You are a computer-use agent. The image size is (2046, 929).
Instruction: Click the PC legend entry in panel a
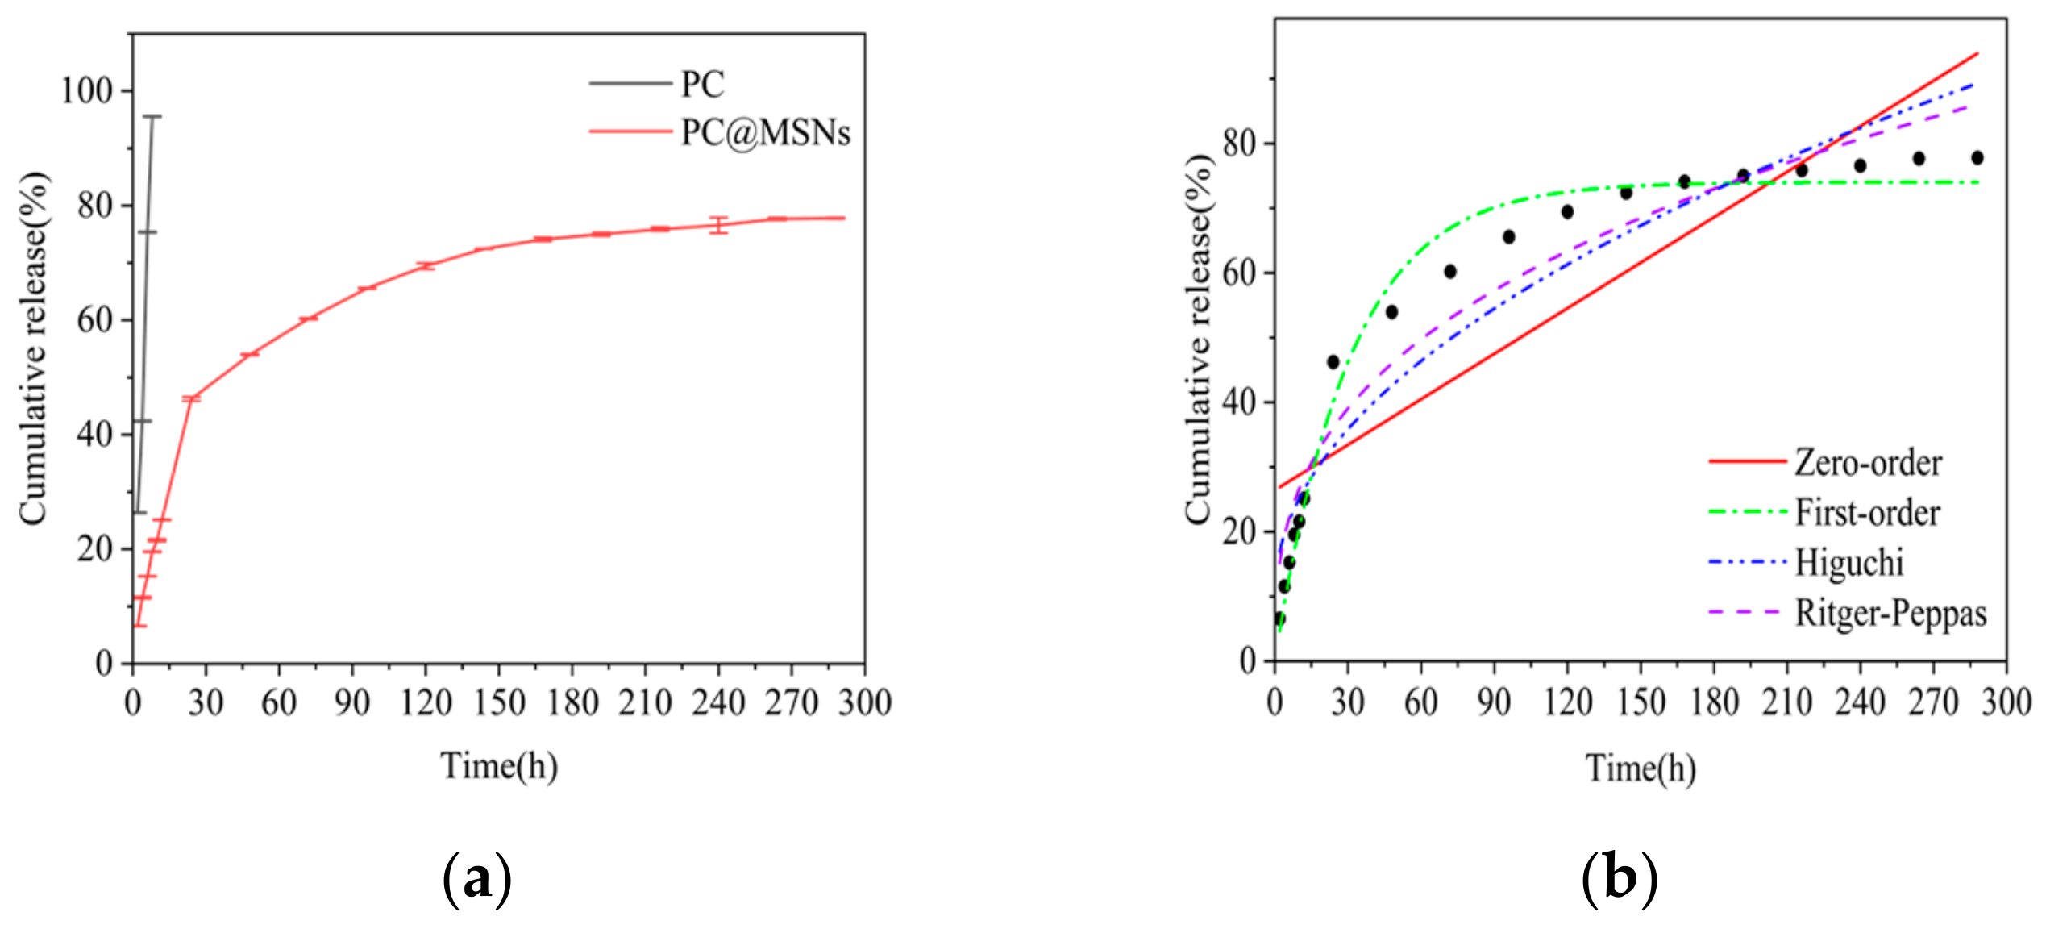(701, 84)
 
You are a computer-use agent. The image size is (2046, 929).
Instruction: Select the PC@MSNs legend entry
(764, 132)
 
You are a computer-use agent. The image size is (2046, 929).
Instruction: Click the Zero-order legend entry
(1867, 463)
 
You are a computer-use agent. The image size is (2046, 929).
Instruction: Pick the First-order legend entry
(1866, 513)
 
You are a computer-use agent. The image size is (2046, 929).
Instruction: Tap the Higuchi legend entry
(1848, 563)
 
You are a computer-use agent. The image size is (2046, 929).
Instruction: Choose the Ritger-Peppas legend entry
(1890, 613)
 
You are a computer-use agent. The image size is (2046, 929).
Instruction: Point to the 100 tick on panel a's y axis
(86, 90)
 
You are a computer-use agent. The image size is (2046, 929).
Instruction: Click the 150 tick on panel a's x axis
(499, 702)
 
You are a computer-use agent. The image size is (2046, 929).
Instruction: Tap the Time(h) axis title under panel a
(499, 765)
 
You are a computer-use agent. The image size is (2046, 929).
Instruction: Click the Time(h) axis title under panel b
(1641, 768)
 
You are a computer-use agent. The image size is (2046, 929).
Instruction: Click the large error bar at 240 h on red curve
(718, 225)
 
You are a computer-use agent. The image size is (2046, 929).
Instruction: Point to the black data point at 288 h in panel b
(1977, 158)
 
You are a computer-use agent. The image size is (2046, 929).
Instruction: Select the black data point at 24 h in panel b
(1333, 362)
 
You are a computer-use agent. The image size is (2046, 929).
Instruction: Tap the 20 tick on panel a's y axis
(94, 549)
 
